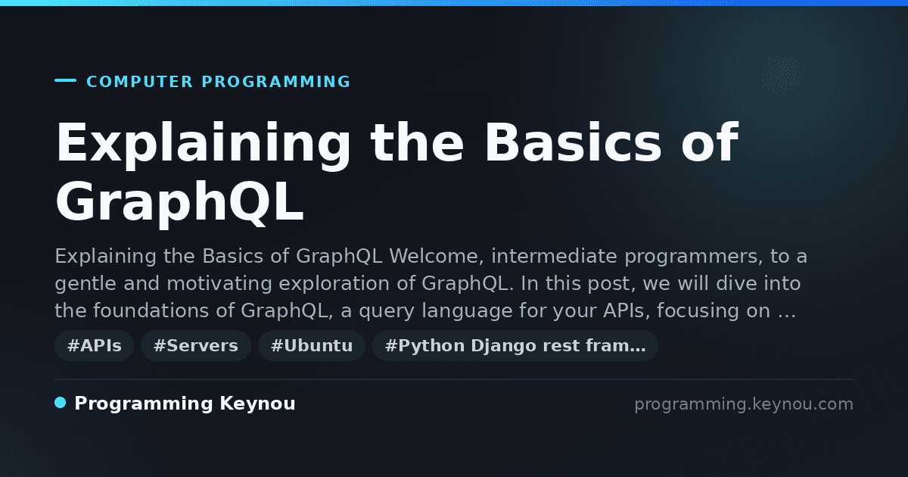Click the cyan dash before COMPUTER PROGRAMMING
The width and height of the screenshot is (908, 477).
click(x=65, y=80)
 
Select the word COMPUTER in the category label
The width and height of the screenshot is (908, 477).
click(x=139, y=82)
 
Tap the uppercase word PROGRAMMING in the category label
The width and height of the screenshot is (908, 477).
click(x=275, y=82)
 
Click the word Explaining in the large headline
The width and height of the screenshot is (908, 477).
click(x=203, y=144)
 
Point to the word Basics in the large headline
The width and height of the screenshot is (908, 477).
click(x=573, y=142)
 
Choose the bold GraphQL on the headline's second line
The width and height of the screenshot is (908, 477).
click(x=179, y=202)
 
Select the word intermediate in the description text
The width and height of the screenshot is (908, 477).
click(x=554, y=257)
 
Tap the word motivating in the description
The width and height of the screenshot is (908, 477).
click(x=219, y=283)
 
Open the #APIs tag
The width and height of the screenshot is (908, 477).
click(x=94, y=345)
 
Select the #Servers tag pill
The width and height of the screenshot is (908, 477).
click(x=196, y=345)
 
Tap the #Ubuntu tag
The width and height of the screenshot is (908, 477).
click(x=312, y=345)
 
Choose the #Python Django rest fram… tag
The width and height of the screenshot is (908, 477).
click(x=515, y=345)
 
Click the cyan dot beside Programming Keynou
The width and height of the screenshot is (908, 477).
click(x=61, y=403)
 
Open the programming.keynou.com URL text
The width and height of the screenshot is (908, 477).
click(x=744, y=404)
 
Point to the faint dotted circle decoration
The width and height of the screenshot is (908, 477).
click(x=782, y=76)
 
